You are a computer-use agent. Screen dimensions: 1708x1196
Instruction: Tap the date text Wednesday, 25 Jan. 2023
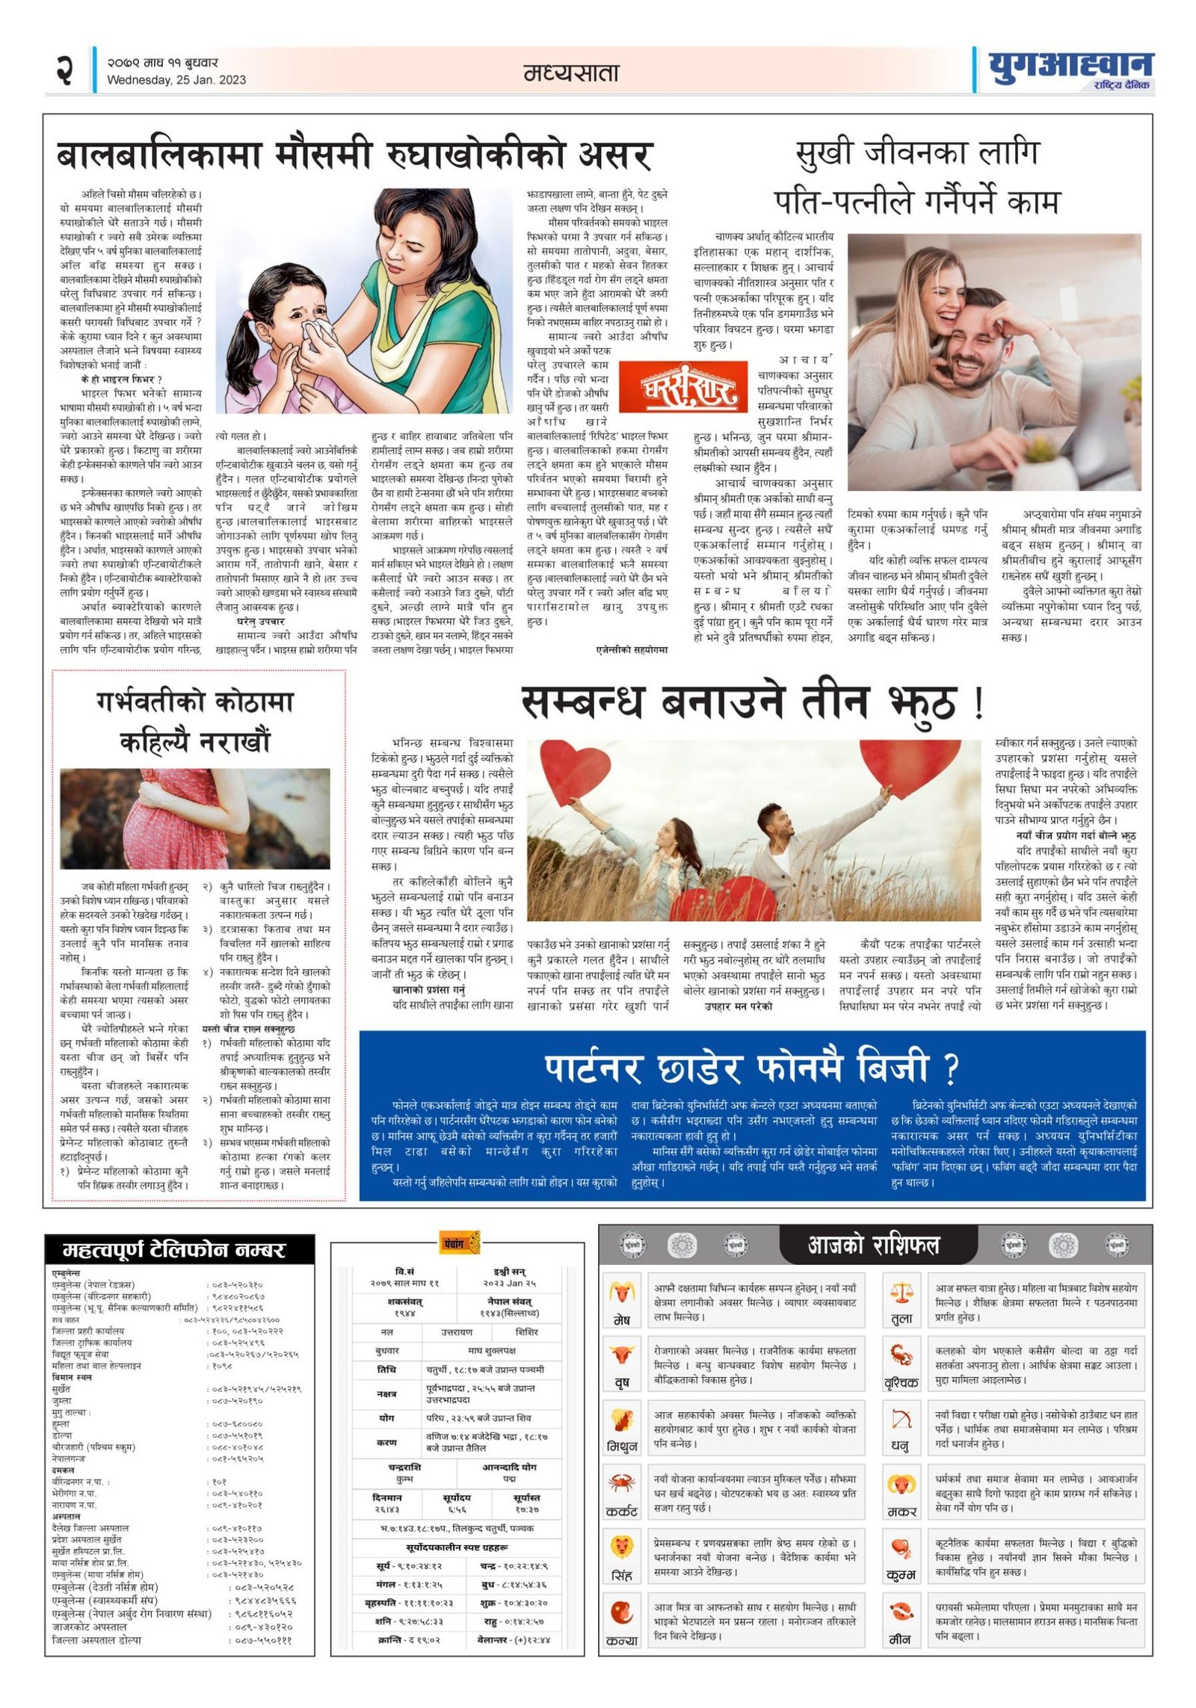(x=176, y=80)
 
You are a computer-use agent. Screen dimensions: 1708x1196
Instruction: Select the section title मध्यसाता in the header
(x=571, y=72)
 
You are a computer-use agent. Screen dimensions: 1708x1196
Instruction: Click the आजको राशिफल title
(x=873, y=1245)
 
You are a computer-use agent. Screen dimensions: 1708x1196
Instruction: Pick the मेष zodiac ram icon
(x=622, y=1291)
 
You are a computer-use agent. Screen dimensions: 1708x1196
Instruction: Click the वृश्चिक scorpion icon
(x=901, y=1355)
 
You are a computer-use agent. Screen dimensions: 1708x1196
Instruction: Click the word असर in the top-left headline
(x=614, y=155)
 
